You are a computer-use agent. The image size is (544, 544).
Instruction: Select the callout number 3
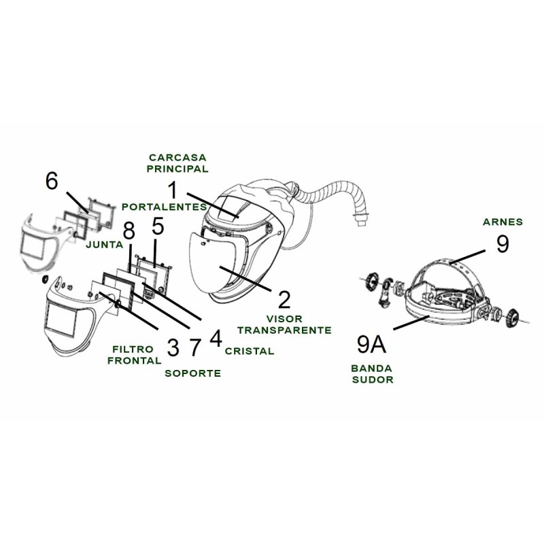[173, 347]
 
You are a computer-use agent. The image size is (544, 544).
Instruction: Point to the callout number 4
[216, 338]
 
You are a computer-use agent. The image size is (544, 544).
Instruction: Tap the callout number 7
[195, 347]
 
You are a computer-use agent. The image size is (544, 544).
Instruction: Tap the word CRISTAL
[250, 351]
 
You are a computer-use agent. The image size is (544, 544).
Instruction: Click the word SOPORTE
[193, 373]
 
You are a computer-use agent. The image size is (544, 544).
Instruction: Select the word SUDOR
[373, 380]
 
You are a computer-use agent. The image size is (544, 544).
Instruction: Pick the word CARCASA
[179, 156]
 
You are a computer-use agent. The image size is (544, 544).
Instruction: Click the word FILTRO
[131, 349]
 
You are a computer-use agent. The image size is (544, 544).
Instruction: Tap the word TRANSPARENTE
[284, 329]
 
